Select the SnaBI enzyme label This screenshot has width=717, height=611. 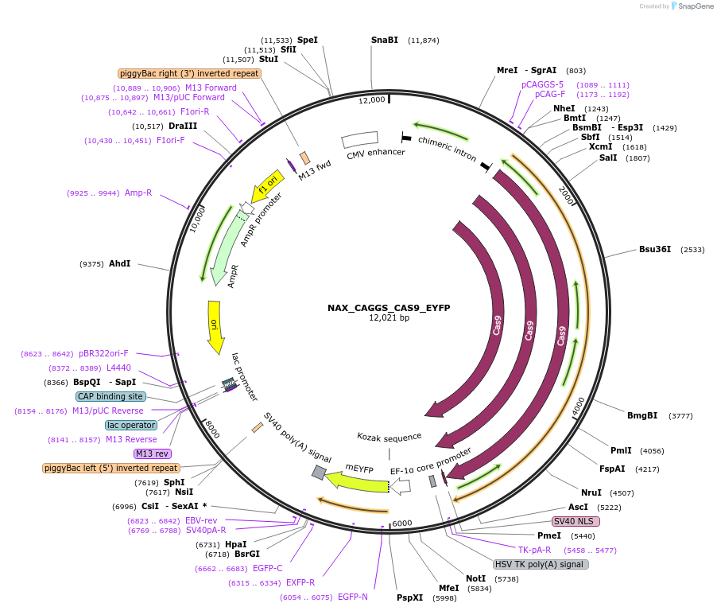pyautogui.click(x=385, y=40)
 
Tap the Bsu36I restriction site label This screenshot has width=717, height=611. pyautogui.click(x=655, y=249)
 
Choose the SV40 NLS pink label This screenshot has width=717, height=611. pyautogui.click(x=576, y=521)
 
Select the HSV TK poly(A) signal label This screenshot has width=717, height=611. pyautogui.click(x=541, y=564)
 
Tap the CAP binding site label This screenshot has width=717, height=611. pyautogui.click(x=110, y=396)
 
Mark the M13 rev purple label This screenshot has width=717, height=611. pyautogui.click(x=153, y=453)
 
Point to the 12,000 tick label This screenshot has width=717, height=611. pyautogui.click(x=371, y=100)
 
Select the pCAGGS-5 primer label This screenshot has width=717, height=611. pyautogui.click(x=542, y=84)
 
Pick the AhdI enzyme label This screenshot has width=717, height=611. pyautogui.click(x=119, y=263)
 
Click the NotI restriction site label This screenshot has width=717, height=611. pyautogui.click(x=475, y=578)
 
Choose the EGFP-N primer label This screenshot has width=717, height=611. pyautogui.click(x=352, y=597)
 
